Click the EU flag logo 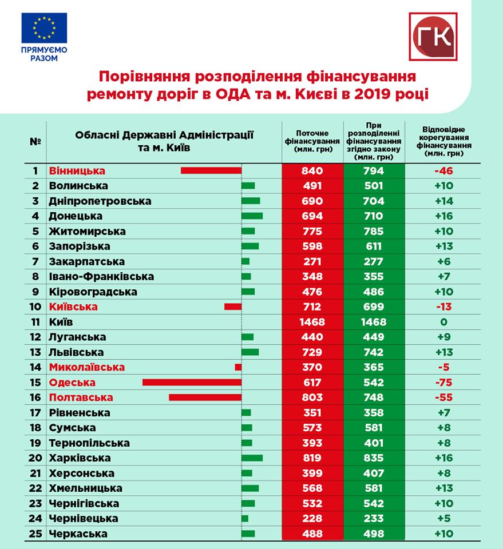point(44,28)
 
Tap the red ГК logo point(433,37)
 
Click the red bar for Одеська point(192,383)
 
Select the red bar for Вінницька point(211,170)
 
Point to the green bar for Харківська point(252,458)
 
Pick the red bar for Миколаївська point(238,367)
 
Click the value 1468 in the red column point(312,322)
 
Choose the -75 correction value point(444,383)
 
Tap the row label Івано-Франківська point(102,277)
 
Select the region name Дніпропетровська point(100,201)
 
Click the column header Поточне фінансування point(312,141)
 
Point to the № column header point(35,141)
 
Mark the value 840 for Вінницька point(312,170)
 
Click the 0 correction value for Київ point(444,322)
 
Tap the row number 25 point(35,534)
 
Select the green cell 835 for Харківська point(374,458)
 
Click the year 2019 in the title point(373,94)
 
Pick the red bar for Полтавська point(205,397)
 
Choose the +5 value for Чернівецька point(444,519)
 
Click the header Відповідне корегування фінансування point(444,141)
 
